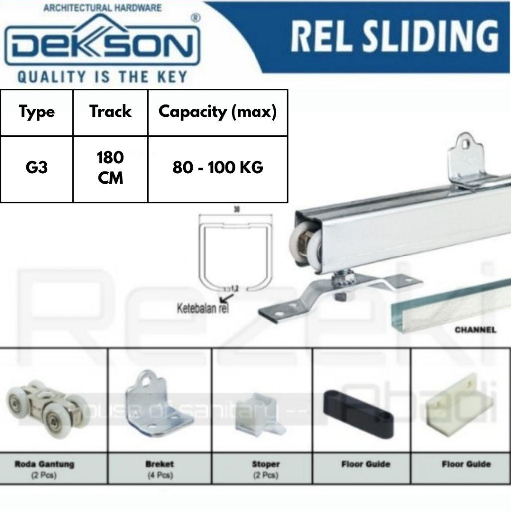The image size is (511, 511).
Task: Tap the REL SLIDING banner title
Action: click(394, 36)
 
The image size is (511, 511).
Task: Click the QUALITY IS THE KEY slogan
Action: click(102, 77)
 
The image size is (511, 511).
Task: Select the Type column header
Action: click(37, 112)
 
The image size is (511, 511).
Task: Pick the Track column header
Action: click(110, 111)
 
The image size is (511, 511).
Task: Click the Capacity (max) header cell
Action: click(218, 112)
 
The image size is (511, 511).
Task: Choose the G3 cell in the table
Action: click(37, 167)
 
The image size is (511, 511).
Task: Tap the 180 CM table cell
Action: click(110, 168)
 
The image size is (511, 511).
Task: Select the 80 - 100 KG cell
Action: click(218, 168)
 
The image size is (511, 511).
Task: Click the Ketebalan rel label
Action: click(199, 308)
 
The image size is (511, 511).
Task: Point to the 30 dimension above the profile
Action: click(236, 210)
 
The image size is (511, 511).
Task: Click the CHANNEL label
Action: click(475, 330)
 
